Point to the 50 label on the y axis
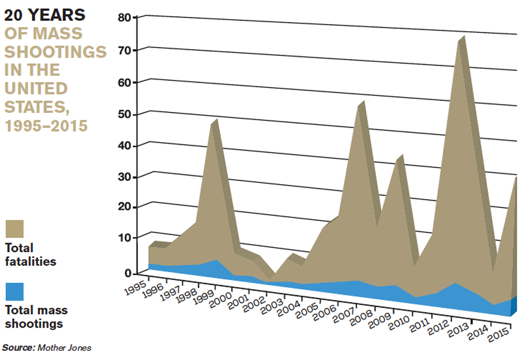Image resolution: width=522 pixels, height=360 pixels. coord(127,114)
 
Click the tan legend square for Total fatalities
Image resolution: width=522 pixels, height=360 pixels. coord(15,229)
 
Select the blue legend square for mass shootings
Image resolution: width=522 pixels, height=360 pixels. coord(15,292)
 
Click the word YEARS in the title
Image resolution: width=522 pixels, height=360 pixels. coord(58,15)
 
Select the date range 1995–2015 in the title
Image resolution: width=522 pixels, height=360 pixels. coord(46,125)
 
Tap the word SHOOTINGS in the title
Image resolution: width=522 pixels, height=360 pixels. coord(55,52)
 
